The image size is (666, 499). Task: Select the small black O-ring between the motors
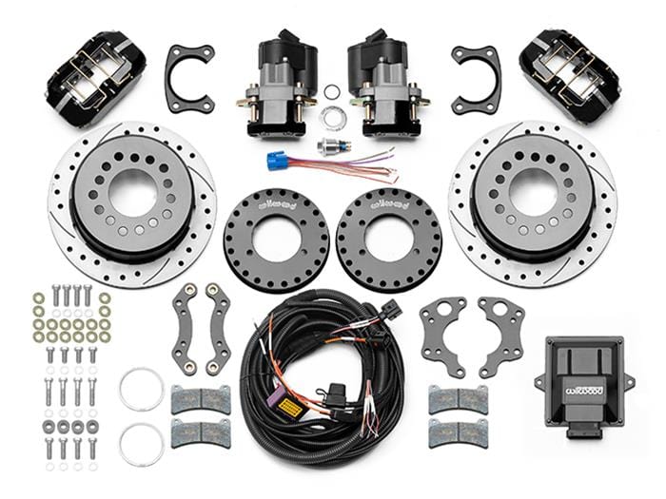pos(331,92)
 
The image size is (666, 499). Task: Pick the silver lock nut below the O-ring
pos(332,118)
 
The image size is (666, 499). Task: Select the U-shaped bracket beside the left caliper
pos(188,78)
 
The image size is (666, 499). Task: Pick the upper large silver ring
pos(142,389)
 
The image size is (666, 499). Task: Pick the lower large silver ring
pos(142,444)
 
